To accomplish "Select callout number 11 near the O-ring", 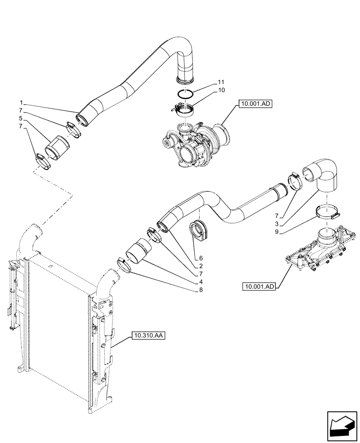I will click(221, 83).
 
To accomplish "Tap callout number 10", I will click(221, 90).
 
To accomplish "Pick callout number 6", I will click(200, 257).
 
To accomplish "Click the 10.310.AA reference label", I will click(148, 336).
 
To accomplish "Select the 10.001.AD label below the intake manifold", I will click(259, 287).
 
